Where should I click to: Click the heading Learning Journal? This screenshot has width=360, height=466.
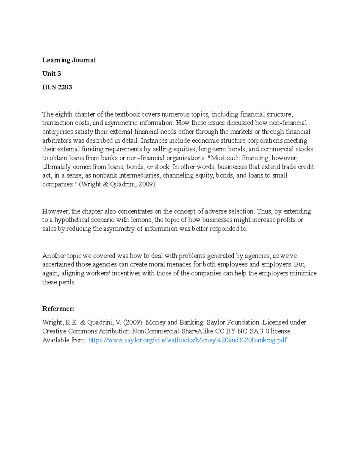69,60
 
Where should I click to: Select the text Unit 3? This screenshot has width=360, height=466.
52,74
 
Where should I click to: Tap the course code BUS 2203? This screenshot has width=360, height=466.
57,87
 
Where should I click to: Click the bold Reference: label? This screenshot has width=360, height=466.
58,309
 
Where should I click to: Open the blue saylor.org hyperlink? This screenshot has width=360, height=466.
187,340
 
